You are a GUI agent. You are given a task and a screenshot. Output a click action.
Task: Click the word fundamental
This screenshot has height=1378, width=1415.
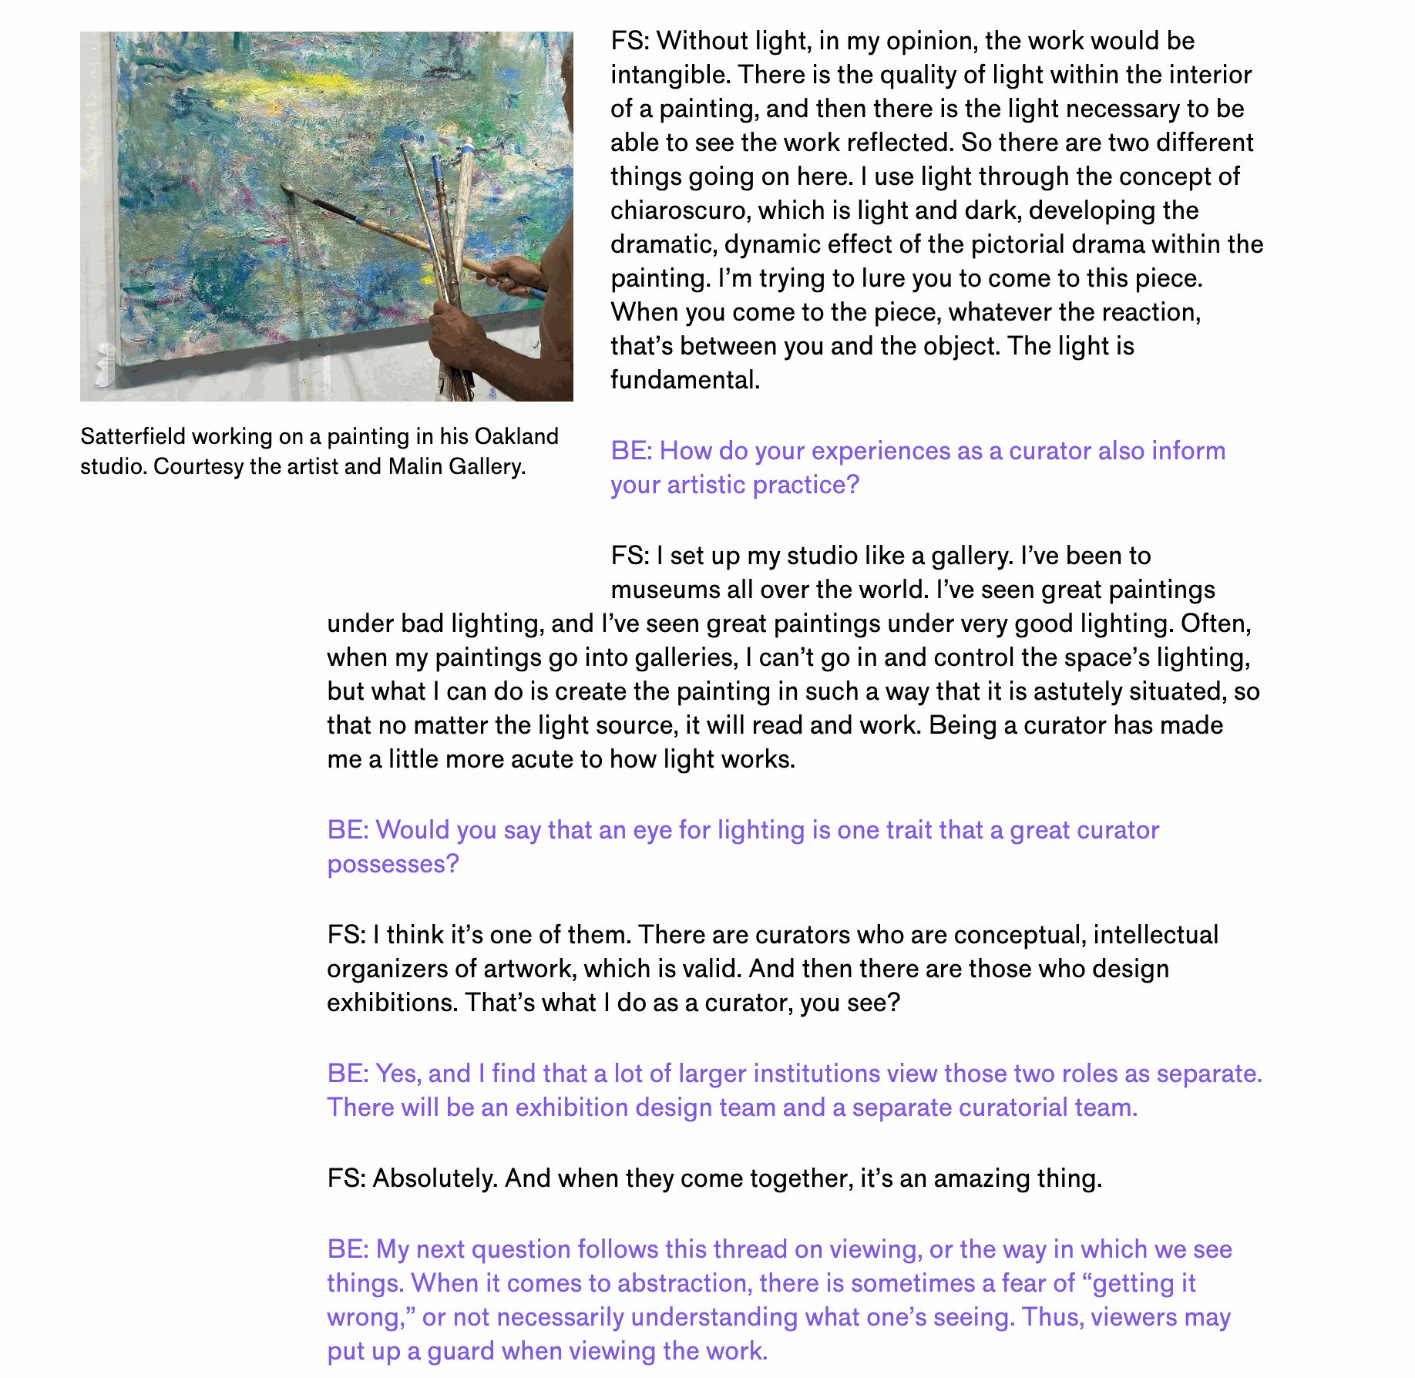click(x=684, y=380)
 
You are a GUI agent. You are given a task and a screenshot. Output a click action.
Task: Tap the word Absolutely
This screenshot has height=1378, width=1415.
click(x=435, y=1178)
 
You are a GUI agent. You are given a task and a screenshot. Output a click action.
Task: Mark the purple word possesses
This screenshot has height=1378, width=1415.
click(x=392, y=864)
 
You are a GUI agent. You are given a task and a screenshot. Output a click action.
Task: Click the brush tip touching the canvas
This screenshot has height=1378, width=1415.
click(x=286, y=187)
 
